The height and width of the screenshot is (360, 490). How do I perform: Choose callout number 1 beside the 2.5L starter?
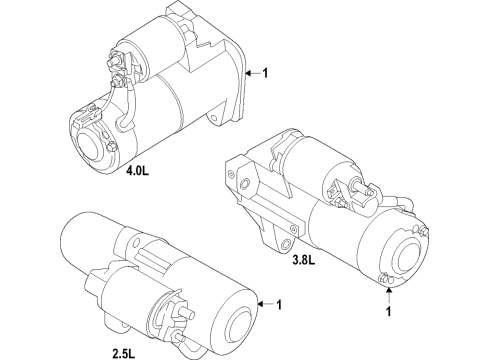[281, 304]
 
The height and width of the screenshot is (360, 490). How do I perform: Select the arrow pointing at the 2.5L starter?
[264, 304]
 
